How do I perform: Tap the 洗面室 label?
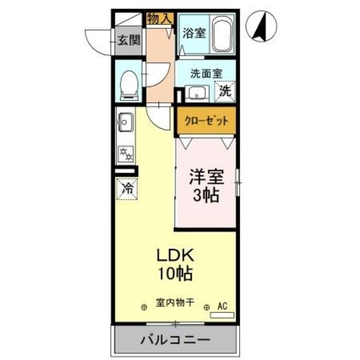pos(206,73)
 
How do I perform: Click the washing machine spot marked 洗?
pos(224,91)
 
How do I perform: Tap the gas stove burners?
pos(125,151)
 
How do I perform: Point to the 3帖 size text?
pos(205,197)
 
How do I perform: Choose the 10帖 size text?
pos(175,274)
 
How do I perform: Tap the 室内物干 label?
pos(175,303)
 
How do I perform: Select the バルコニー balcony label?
pos(175,341)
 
